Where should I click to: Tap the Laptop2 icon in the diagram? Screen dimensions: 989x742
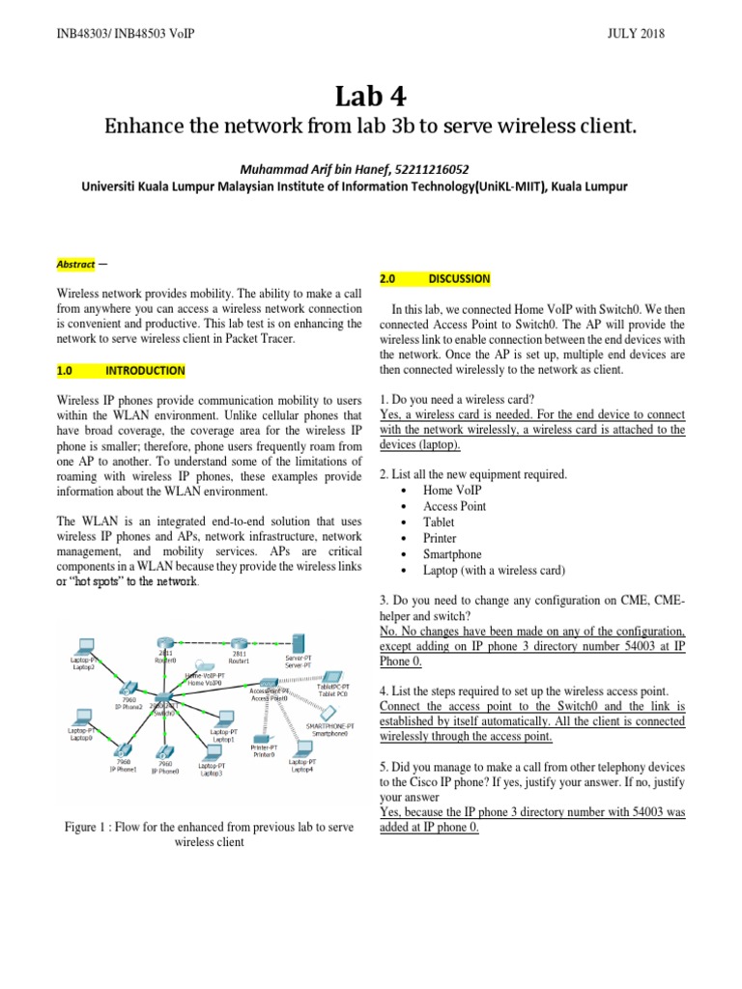[x=85, y=646]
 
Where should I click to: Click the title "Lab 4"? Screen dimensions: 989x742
[x=371, y=96]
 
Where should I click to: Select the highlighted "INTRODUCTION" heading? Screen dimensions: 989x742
[x=145, y=371]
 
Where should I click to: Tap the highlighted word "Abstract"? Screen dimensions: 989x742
[x=74, y=264]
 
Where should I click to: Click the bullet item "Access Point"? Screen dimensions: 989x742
[x=455, y=506]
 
